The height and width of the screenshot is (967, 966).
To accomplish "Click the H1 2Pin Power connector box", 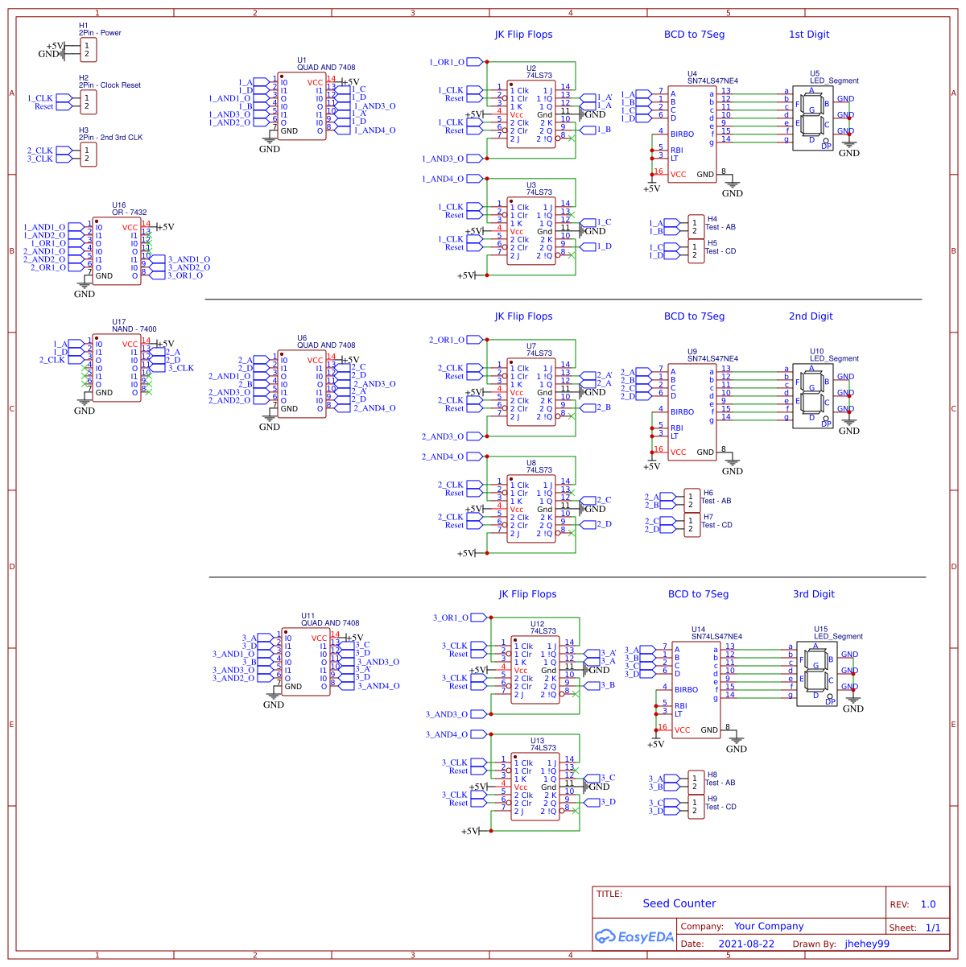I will (88, 50).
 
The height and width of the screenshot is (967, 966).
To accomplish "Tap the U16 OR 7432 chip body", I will (117, 251).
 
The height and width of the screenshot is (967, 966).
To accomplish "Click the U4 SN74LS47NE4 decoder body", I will (691, 134).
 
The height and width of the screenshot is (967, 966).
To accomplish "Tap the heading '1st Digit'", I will (808, 35).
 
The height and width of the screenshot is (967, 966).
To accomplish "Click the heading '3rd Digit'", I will (813, 594).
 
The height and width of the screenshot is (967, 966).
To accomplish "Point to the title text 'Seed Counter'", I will (679, 903).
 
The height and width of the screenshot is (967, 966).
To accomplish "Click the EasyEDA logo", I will (634, 936).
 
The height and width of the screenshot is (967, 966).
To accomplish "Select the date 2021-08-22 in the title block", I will (746, 944).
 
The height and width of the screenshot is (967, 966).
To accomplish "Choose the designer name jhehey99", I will (867, 944).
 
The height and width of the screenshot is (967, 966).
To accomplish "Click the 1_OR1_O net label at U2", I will (448, 62).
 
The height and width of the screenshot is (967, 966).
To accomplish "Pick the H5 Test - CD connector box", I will (696, 251).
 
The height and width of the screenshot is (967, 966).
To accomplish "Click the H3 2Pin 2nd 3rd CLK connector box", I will (88, 155).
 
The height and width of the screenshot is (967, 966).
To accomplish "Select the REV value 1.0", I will (927, 904).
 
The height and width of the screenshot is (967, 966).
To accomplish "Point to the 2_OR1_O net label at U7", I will (447, 340).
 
